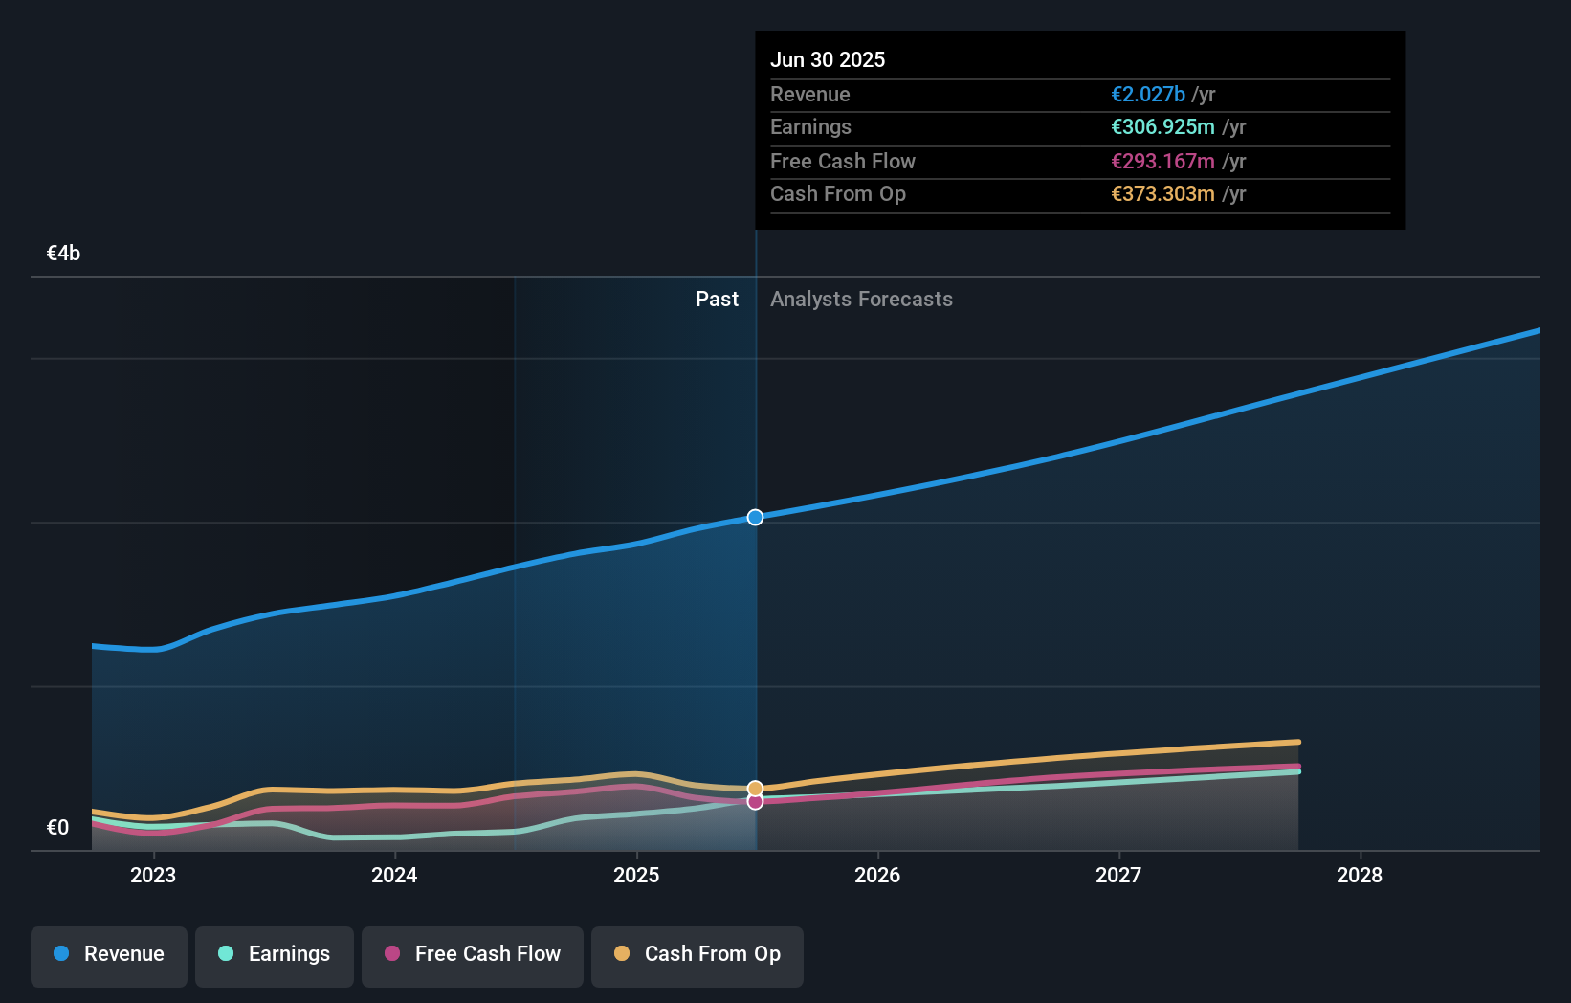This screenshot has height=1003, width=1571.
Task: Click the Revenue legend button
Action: [109, 955]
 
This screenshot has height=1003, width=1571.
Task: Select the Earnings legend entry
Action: [275, 955]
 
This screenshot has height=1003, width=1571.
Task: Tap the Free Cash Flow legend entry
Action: [473, 955]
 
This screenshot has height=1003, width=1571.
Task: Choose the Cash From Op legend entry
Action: [697, 955]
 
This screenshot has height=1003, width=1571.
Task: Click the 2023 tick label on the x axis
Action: [153, 876]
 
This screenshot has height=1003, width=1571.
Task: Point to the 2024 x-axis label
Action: [394, 876]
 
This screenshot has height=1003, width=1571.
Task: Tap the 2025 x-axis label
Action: [636, 876]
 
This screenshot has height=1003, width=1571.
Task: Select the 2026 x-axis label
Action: [877, 876]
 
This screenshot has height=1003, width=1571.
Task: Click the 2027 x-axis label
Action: [1118, 876]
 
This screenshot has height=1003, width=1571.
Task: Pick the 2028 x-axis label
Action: [1360, 876]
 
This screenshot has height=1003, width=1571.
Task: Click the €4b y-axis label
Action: [63, 254]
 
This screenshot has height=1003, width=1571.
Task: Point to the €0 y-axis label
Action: [57, 828]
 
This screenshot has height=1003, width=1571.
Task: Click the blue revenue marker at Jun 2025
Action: [755, 518]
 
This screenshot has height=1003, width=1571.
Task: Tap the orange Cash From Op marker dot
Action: [755, 789]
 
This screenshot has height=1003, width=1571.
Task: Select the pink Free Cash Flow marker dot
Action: [755, 802]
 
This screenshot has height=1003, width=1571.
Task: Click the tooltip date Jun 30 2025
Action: [828, 60]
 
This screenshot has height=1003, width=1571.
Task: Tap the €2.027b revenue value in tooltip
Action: [1147, 95]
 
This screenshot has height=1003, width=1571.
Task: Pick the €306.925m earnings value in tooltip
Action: [1162, 127]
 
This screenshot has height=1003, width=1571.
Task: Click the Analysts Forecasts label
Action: [861, 300]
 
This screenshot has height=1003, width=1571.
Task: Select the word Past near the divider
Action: [717, 300]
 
